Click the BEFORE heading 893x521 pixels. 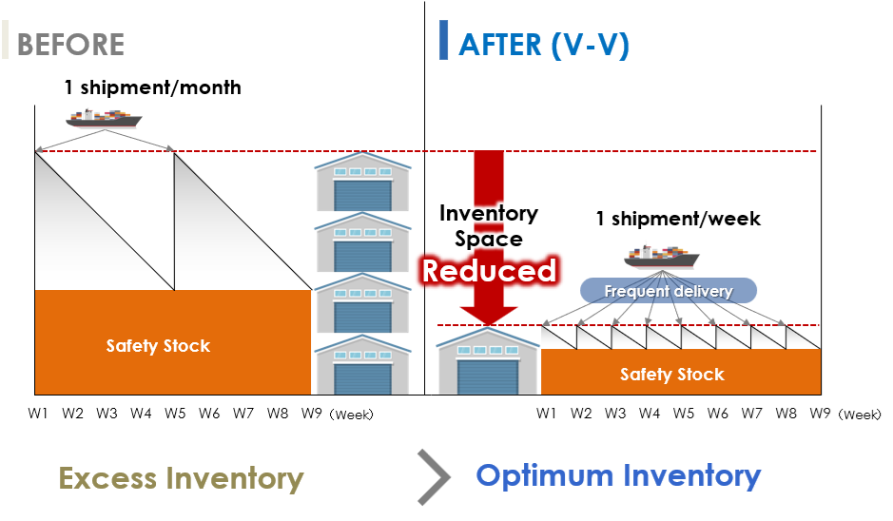click(70, 45)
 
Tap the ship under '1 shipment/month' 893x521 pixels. click(103, 119)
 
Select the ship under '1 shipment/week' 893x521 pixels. click(661, 256)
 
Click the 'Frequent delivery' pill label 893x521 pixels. click(669, 291)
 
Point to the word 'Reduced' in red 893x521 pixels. click(489, 271)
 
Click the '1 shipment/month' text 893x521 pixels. click(152, 88)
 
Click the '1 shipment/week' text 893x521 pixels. click(678, 220)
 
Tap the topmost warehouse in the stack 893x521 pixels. click(361, 184)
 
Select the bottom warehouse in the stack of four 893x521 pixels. click(361, 365)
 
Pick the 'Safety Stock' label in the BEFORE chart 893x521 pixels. click(158, 346)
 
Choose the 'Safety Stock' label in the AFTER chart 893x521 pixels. click(671, 375)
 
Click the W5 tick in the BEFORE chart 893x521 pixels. click(175, 414)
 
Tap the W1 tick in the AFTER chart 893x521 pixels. click(546, 414)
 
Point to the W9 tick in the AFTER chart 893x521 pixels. click(821, 414)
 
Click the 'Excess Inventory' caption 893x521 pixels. click(181, 478)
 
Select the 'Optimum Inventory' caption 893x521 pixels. click(618, 475)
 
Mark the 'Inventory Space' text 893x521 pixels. click(489, 225)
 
